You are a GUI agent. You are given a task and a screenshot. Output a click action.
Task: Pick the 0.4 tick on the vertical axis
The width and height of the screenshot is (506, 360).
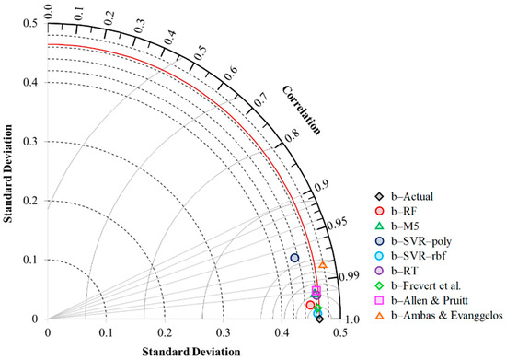34,82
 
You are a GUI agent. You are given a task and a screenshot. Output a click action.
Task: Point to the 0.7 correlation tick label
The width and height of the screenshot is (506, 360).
263,98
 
